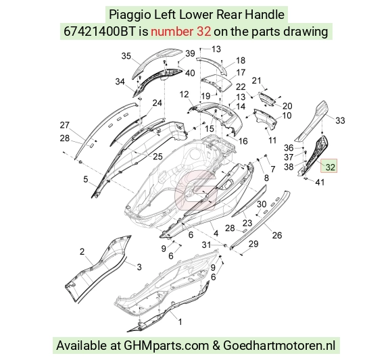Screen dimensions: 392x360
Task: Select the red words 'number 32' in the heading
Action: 180,32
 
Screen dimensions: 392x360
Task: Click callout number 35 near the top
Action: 126,56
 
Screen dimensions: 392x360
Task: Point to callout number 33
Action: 340,120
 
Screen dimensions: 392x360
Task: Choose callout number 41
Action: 320,182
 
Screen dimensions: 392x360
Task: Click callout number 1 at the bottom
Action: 180,322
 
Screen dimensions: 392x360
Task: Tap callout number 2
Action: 82,251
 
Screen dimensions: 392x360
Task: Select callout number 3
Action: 139,267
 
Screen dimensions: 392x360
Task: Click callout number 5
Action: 86,179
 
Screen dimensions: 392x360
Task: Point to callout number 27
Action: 64,125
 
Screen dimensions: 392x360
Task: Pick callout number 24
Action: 157,103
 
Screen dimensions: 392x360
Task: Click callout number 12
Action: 185,95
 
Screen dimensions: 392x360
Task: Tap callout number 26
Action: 277,235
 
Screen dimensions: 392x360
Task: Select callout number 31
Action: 206,245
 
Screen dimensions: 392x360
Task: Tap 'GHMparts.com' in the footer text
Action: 166,346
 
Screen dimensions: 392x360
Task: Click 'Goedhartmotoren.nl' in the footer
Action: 279,346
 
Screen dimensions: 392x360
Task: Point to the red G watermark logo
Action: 195,190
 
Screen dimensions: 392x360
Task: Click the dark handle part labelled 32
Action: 314,155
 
